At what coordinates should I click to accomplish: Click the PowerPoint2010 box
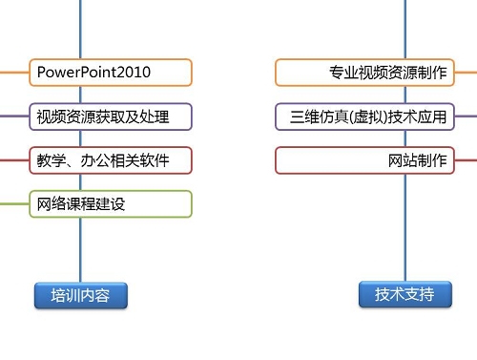[111, 73]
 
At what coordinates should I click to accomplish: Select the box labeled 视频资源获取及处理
[111, 116]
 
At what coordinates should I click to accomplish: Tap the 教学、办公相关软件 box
[111, 160]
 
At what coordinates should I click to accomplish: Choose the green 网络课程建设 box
[111, 204]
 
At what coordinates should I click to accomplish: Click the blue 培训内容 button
[80, 295]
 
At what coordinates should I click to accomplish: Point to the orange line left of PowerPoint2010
[13, 73]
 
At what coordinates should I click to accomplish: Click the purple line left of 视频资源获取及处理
[13, 116]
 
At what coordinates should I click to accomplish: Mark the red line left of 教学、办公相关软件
[13, 160]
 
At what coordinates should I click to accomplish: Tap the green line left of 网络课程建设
[13, 204]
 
